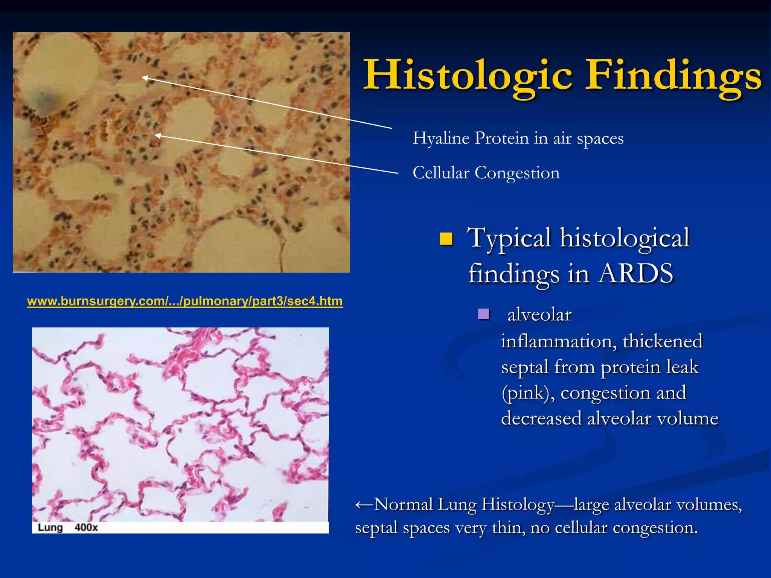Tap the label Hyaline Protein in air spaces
(x=518, y=138)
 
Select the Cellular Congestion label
(x=486, y=173)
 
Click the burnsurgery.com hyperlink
(x=185, y=301)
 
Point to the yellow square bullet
(x=446, y=239)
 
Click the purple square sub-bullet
(x=483, y=314)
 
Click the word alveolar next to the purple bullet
(x=539, y=315)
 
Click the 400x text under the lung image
(x=86, y=528)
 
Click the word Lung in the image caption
(x=50, y=528)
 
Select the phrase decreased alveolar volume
(x=609, y=418)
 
